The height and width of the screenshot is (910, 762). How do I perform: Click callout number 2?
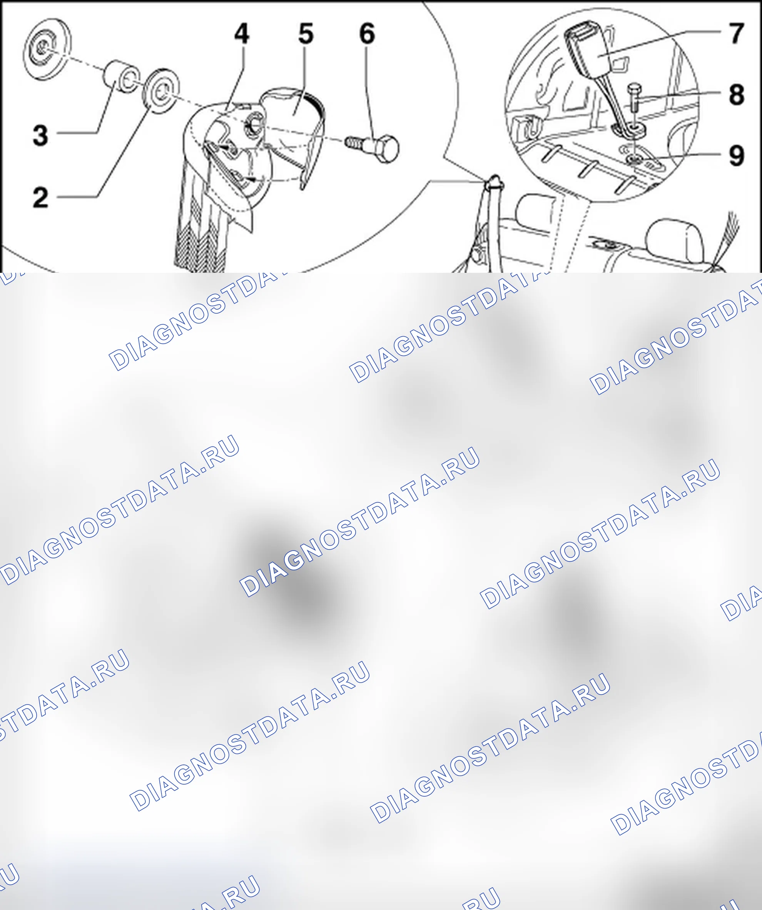click(x=41, y=198)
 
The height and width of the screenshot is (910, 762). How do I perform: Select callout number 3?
click(x=40, y=135)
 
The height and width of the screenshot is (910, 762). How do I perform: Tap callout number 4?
click(x=242, y=33)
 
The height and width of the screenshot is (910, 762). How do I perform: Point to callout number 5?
click(x=306, y=33)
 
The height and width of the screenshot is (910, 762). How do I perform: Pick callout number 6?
click(x=367, y=33)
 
